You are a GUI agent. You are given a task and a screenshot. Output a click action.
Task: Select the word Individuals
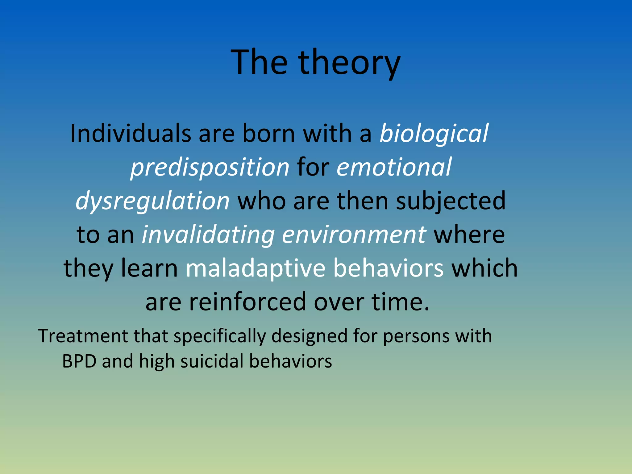click(x=131, y=133)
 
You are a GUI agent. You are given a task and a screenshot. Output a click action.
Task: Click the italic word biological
click(x=434, y=133)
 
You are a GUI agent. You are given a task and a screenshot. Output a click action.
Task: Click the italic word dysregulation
click(x=152, y=201)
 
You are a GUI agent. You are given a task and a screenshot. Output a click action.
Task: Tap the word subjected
click(x=451, y=201)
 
